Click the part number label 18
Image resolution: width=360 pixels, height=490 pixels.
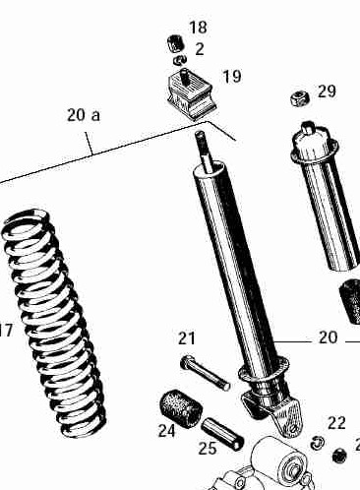(198, 28)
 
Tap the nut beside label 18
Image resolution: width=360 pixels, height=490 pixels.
(175, 43)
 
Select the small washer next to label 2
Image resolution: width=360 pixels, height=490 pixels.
(180, 60)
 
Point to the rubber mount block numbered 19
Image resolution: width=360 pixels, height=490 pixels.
(190, 93)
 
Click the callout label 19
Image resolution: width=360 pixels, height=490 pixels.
(232, 76)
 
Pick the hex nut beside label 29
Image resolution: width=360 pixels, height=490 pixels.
(300, 98)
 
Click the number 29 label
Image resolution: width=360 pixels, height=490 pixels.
(327, 92)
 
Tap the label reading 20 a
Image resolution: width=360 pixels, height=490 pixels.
(84, 115)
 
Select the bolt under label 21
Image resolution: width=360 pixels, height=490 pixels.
(205, 373)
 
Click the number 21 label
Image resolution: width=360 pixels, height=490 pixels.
(187, 338)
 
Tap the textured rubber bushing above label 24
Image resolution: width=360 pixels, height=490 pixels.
(180, 408)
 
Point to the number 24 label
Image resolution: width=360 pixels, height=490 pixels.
(167, 431)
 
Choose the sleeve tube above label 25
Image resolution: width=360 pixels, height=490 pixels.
(222, 435)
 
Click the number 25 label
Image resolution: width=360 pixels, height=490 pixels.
(208, 448)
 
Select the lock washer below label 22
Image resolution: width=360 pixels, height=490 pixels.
(318, 443)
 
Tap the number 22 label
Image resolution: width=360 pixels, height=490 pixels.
(336, 423)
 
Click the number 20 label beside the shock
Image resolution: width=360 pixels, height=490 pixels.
(328, 337)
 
